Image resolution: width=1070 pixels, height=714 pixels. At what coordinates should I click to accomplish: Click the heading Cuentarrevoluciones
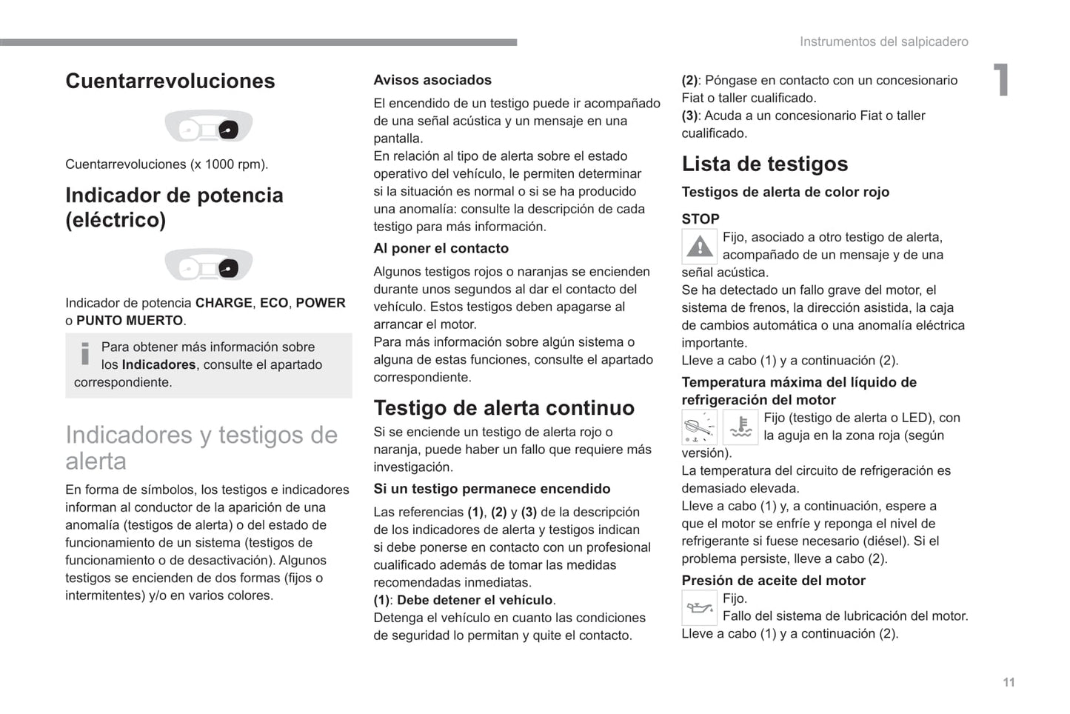(170, 81)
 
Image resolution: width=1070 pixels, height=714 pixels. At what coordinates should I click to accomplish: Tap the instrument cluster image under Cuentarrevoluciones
(208, 127)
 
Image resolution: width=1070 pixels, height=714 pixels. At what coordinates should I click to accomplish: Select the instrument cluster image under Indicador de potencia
(208, 265)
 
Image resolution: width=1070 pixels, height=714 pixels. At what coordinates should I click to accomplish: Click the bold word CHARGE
(224, 303)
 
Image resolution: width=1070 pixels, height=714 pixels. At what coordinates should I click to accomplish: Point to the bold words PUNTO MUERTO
(130, 321)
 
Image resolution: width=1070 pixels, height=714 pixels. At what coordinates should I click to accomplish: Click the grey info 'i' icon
(85, 353)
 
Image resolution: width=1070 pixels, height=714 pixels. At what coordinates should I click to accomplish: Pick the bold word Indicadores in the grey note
(158, 365)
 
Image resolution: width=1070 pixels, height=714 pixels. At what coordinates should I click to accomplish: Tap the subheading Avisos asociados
(432, 80)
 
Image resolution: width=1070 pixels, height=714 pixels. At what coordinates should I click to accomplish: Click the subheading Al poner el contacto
(441, 249)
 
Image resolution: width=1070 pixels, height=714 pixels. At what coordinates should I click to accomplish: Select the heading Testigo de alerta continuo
(504, 408)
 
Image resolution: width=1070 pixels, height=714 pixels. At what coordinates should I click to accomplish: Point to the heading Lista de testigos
(764, 164)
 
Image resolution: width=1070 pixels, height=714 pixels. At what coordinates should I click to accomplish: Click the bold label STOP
(700, 219)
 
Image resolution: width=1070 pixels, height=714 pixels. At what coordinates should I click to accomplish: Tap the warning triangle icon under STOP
(699, 247)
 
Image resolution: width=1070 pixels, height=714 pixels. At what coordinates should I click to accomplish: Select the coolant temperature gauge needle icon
(699, 427)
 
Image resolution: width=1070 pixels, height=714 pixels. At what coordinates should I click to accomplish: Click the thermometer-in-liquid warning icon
(740, 427)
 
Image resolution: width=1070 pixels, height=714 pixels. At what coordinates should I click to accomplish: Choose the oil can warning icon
(699, 608)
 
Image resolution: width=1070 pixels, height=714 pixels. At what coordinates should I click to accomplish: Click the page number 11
(1009, 682)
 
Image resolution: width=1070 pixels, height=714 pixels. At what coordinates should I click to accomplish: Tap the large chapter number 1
(1000, 80)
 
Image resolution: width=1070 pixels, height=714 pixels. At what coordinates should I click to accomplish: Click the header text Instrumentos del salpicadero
(883, 42)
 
